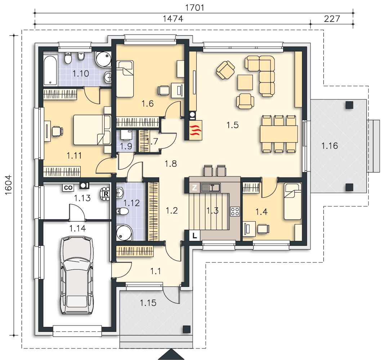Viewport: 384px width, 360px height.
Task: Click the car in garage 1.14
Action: [77, 275]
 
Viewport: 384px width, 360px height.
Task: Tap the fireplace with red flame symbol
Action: [196, 130]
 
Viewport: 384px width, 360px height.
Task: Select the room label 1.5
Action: [232, 125]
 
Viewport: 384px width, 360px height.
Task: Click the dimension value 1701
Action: [195, 8]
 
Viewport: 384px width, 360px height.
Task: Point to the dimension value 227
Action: [332, 19]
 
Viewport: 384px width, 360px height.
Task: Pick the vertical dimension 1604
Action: [9, 185]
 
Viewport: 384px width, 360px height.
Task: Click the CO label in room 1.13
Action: [68, 188]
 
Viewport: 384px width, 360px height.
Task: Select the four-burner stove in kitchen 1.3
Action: [235, 211]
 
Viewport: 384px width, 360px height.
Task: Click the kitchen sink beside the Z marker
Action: [211, 188]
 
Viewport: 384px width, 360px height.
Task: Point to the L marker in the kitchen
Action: [195, 236]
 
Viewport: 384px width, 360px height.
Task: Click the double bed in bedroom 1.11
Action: [92, 130]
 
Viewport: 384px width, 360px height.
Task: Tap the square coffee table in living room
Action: [245, 82]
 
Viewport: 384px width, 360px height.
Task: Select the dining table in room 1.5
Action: [279, 134]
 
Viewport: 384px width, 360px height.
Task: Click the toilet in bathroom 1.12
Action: [122, 211]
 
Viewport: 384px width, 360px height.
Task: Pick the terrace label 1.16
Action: [330, 146]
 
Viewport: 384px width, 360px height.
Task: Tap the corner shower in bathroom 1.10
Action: [103, 59]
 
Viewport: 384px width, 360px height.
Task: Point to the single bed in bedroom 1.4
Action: [293, 202]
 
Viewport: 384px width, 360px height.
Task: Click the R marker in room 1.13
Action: [106, 194]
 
